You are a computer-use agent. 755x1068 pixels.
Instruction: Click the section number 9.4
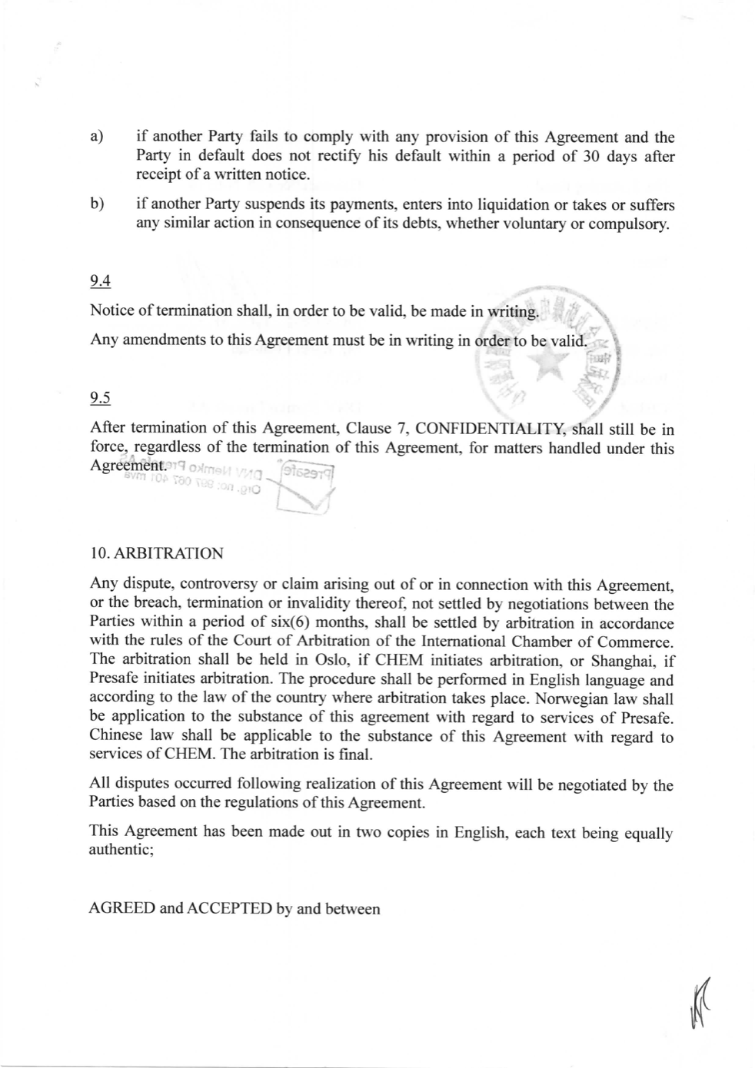(x=100, y=282)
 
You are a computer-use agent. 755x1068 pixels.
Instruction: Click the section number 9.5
(x=100, y=398)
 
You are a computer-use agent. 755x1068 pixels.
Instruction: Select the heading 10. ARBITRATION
(x=157, y=553)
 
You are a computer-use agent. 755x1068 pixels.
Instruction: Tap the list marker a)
(x=97, y=138)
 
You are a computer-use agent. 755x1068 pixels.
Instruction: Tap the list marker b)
(x=97, y=204)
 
